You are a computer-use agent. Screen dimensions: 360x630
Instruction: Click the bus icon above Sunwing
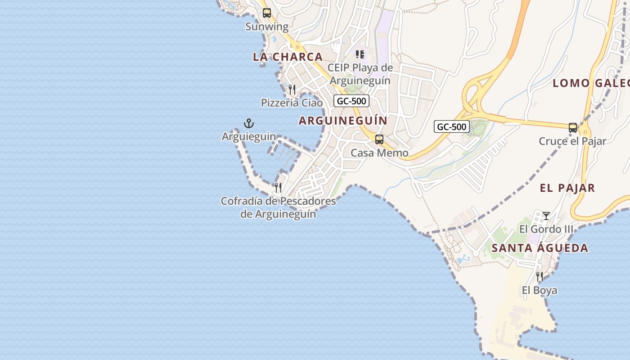tap(267, 13)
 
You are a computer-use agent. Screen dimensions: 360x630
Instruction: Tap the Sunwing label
tap(267, 27)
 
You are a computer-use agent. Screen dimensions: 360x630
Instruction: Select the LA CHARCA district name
tap(288, 57)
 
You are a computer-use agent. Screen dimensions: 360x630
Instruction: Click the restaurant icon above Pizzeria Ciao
tap(292, 89)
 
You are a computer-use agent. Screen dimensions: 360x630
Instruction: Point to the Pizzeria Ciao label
tap(292, 103)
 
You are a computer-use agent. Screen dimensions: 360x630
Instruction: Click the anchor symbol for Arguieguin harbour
tap(249, 123)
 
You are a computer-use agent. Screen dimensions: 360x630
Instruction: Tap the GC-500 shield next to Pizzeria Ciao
tap(351, 101)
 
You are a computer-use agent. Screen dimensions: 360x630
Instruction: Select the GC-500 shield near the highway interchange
tap(452, 126)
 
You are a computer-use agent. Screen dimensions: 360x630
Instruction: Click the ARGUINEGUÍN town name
tap(343, 121)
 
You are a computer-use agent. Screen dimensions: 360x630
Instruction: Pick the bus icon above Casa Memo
tap(379, 139)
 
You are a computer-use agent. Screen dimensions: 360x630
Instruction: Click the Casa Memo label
tap(379, 153)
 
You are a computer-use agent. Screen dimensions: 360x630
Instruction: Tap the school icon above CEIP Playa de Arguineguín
tap(360, 54)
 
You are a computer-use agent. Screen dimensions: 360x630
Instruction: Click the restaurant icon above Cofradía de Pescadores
tap(278, 187)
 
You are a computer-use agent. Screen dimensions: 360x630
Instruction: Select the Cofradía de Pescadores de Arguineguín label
tap(278, 207)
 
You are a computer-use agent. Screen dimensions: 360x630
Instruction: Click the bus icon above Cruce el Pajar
tap(572, 128)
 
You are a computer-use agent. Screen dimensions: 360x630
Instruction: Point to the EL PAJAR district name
tap(567, 188)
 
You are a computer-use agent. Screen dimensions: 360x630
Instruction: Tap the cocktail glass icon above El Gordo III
tap(546, 216)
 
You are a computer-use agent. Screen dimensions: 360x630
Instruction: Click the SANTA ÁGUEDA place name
tap(540, 248)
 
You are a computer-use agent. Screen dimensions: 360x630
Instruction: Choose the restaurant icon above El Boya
tap(539, 276)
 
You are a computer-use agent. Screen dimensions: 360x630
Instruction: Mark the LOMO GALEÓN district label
tap(590, 83)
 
